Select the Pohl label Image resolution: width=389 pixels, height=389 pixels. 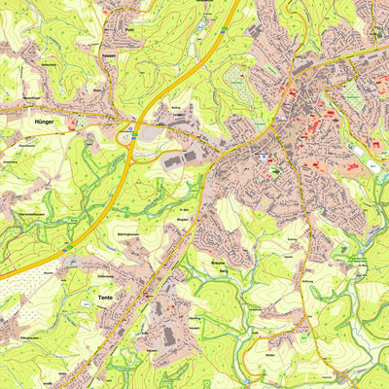tap(129, 30)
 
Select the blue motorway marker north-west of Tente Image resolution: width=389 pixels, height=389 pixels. tap(66, 250)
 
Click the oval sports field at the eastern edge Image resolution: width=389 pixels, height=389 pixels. tap(373, 167)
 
